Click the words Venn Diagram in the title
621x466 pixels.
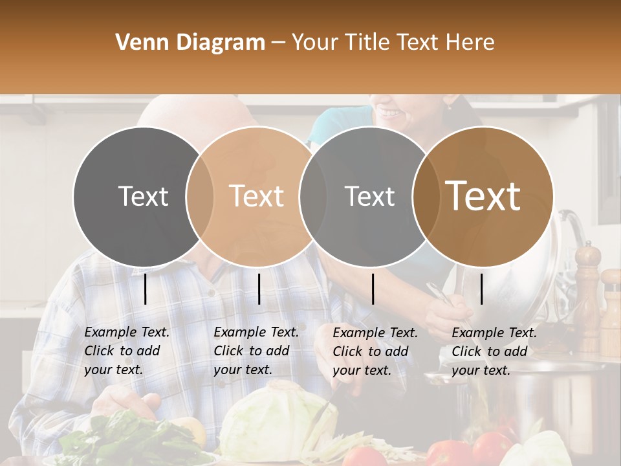tap(190, 43)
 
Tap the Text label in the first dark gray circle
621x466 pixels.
tap(143, 196)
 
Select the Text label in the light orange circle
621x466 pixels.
tap(257, 196)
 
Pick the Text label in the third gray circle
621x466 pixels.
tap(369, 196)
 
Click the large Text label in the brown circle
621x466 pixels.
tap(483, 196)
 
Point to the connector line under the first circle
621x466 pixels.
tap(146, 289)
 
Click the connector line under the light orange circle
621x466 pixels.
tap(259, 289)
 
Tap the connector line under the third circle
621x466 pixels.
tap(373, 289)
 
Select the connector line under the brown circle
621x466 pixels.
tap(482, 289)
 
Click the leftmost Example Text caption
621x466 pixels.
tap(127, 351)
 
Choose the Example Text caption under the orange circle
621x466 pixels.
tap(256, 351)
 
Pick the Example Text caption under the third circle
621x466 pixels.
tap(375, 351)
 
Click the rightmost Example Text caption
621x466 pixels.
tap(494, 351)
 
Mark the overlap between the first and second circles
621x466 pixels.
tap(200, 196)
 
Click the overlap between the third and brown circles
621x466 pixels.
tap(424, 196)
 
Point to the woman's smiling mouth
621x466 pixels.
tap(389, 111)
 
